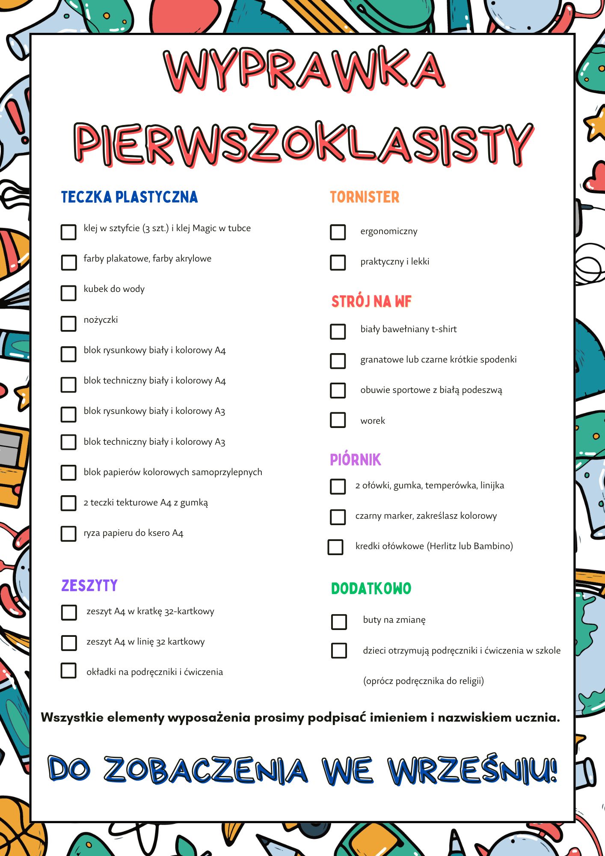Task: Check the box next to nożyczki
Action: tap(68, 324)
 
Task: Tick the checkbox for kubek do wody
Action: tap(68, 293)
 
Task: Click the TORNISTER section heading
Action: tap(365, 197)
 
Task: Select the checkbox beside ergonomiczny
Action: tap(338, 232)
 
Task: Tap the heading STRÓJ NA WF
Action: tap(371, 301)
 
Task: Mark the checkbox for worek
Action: tap(338, 420)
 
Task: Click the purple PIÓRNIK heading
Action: tap(355, 460)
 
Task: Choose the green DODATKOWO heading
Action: tap(371, 588)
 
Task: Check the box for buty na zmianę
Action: tap(339, 622)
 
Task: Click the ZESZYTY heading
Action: tap(89, 586)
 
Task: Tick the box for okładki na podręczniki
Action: tap(68, 671)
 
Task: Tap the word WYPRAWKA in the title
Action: tap(304, 71)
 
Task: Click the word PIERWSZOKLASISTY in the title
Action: tap(304, 143)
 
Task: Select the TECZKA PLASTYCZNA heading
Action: tap(129, 197)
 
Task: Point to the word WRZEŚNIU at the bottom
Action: tap(473, 770)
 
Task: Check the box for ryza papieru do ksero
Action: tap(68, 534)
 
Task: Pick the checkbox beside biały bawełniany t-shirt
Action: tap(338, 331)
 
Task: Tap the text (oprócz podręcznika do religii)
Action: tap(424, 681)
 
